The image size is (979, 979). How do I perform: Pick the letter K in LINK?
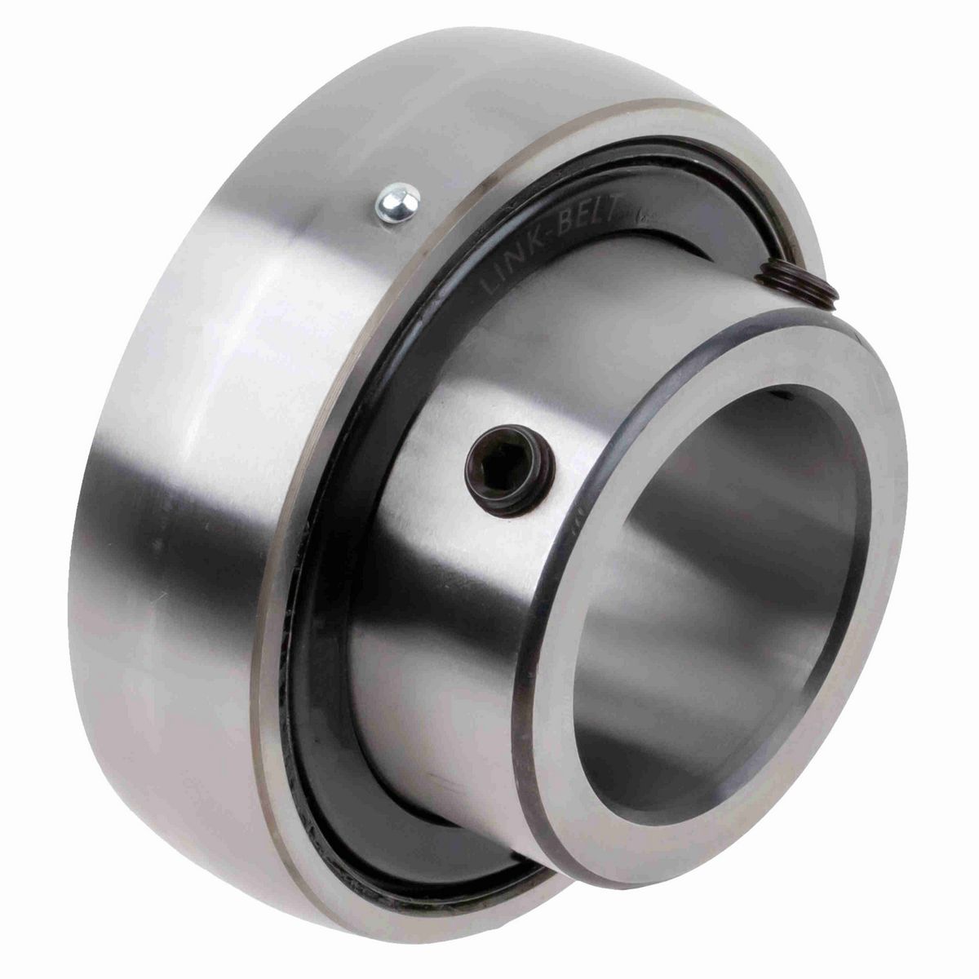click(539, 242)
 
